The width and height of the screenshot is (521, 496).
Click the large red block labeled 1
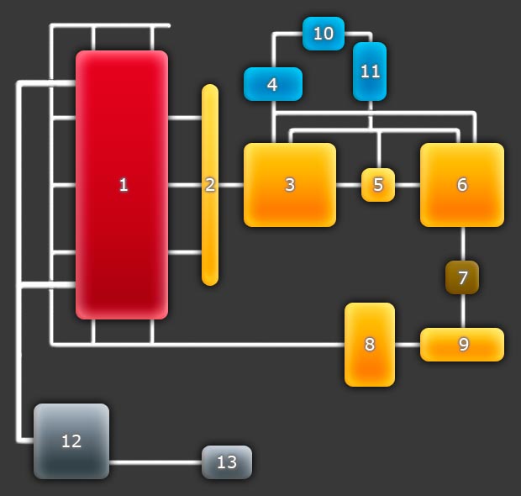click(x=122, y=185)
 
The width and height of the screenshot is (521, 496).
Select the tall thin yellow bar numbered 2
click(x=210, y=185)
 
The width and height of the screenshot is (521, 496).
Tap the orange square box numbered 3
click(x=290, y=185)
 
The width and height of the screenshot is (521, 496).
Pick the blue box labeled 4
click(x=272, y=84)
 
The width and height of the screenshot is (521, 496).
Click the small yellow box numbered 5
click(x=378, y=185)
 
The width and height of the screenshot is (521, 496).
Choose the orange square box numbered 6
click(x=462, y=185)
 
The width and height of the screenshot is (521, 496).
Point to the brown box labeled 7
click(x=462, y=277)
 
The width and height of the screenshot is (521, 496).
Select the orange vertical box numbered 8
click(x=370, y=345)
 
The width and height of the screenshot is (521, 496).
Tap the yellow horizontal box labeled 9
click(x=462, y=345)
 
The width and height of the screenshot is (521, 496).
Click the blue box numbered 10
click(x=324, y=34)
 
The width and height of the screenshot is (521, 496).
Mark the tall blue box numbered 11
click(x=370, y=71)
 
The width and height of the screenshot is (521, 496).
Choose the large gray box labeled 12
click(x=71, y=441)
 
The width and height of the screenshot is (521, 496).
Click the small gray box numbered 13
click(x=227, y=462)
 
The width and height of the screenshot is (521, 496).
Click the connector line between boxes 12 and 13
click(x=155, y=462)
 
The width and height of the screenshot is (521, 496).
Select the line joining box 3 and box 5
click(x=349, y=185)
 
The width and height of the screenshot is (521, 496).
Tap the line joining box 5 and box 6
click(x=408, y=185)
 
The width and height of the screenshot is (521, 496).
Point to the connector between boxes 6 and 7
click(x=462, y=244)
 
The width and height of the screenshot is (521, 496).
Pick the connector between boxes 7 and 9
click(x=462, y=311)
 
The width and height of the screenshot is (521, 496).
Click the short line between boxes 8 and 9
click(x=408, y=345)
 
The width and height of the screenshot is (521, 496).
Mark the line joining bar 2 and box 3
click(x=231, y=185)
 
